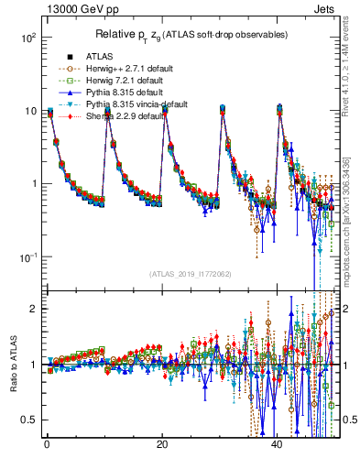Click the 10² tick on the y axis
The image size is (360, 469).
(27, 38)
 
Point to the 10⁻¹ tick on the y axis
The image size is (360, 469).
(27, 256)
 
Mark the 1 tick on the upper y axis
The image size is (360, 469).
(32, 183)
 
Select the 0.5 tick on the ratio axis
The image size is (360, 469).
(27, 420)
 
